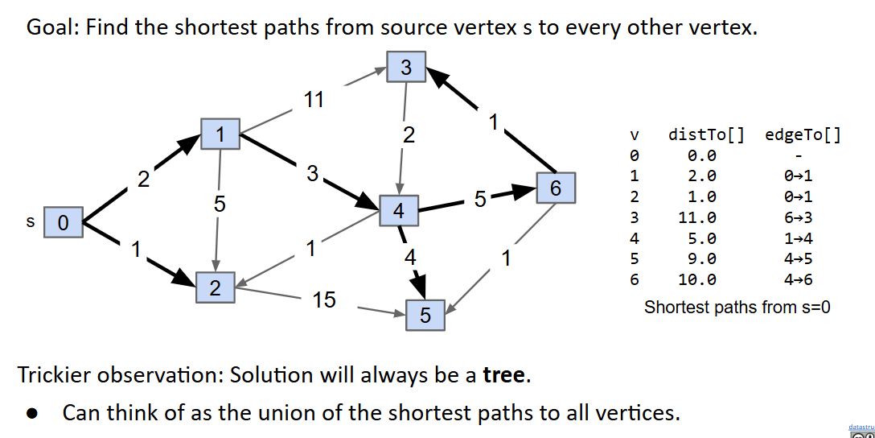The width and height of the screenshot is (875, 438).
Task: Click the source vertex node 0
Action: point(64,222)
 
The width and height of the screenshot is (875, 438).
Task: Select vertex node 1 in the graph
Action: point(220,134)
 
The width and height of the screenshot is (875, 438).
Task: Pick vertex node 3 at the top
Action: point(406,68)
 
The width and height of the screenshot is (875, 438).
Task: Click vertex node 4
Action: point(399,211)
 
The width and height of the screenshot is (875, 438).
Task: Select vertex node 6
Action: point(555,188)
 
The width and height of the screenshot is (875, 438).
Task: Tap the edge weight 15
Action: point(324,300)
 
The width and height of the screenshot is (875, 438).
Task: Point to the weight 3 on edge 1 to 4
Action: point(312,173)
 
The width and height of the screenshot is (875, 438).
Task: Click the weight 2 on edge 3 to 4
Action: point(409,135)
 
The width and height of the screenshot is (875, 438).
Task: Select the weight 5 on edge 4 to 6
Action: point(479,200)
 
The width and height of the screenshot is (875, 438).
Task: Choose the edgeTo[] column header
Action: point(803,134)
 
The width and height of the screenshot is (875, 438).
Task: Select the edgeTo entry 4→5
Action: point(798,259)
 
